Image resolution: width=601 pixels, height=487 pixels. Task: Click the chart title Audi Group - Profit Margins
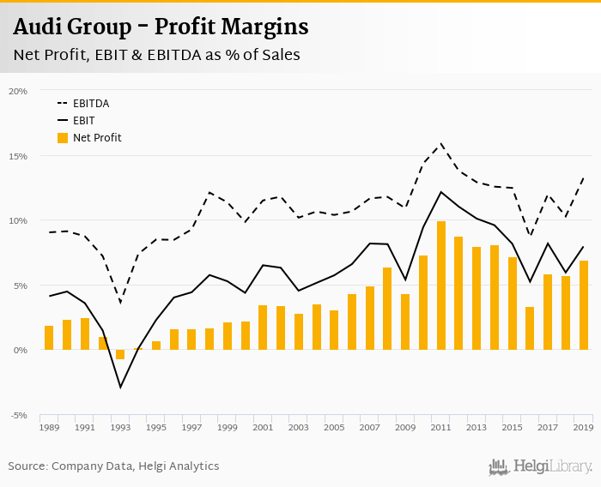point(161,27)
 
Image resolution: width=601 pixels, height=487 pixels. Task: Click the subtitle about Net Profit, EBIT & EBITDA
point(156,55)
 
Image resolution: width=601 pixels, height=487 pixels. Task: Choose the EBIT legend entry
point(83,121)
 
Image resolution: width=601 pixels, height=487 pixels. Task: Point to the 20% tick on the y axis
point(19,91)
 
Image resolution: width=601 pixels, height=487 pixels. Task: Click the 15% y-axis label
point(19,156)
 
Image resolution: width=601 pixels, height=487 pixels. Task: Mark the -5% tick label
point(19,416)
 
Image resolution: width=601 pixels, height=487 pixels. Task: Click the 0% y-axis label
point(21,351)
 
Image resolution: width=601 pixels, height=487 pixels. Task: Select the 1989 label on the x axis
point(49,426)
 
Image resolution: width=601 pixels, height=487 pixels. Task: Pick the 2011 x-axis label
point(441,426)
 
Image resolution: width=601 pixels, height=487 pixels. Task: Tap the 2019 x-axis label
point(584,426)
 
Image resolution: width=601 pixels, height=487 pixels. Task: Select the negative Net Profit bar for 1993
point(120,354)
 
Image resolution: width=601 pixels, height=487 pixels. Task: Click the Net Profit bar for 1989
point(49,338)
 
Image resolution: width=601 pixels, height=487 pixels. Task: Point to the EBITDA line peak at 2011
point(441,143)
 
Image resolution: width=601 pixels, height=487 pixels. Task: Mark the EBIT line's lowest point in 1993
point(120,387)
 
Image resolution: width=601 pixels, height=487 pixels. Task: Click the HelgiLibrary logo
point(540,466)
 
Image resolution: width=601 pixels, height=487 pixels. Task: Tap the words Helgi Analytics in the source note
point(181,466)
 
